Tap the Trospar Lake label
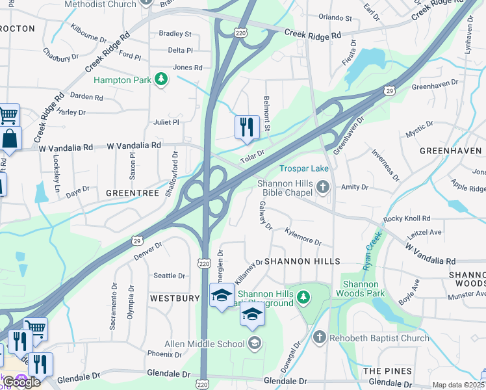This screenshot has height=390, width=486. [304, 168]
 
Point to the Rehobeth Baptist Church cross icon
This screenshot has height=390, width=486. [319, 337]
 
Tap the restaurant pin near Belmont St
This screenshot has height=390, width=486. [247, 127]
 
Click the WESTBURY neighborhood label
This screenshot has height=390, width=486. [175, 298]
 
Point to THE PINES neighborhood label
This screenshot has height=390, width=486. [387, 370]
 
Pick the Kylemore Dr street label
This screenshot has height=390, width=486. [302, 236]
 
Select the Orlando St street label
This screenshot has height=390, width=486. [335, 19]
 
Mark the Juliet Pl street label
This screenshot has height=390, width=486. [166, 122]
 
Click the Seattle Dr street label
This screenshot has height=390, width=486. [169, 276]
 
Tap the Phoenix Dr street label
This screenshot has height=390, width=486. [164, 354]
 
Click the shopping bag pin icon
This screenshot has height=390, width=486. [11, 138]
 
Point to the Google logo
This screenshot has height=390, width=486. [21, 382]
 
